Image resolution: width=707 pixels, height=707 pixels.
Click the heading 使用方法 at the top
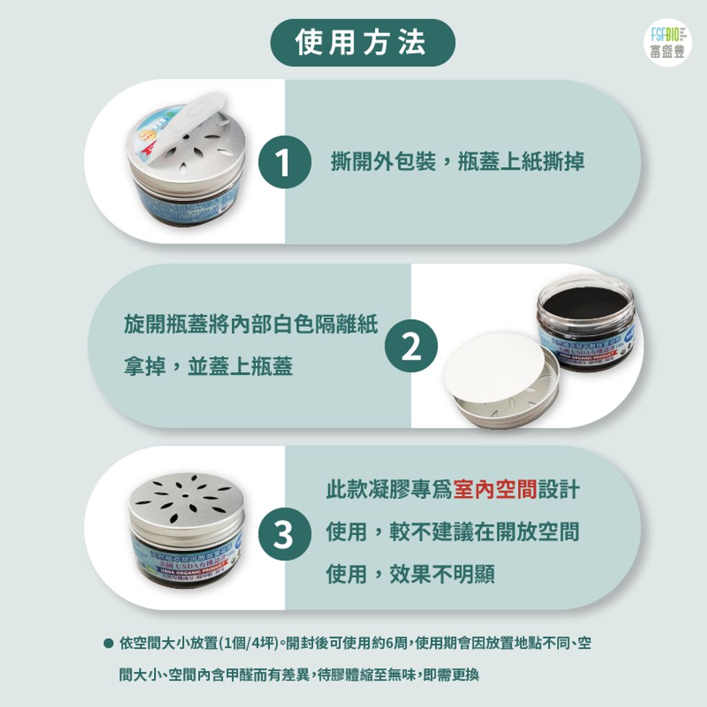(x=362, y=42)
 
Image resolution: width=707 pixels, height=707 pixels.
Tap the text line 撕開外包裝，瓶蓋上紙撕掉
(x=458, y=162)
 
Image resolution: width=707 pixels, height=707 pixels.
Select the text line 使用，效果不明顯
(x=410, y=574)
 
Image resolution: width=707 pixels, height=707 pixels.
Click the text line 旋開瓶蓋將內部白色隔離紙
(x=251, y=325)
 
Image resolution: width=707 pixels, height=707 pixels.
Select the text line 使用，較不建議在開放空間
(x=452, y=532)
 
